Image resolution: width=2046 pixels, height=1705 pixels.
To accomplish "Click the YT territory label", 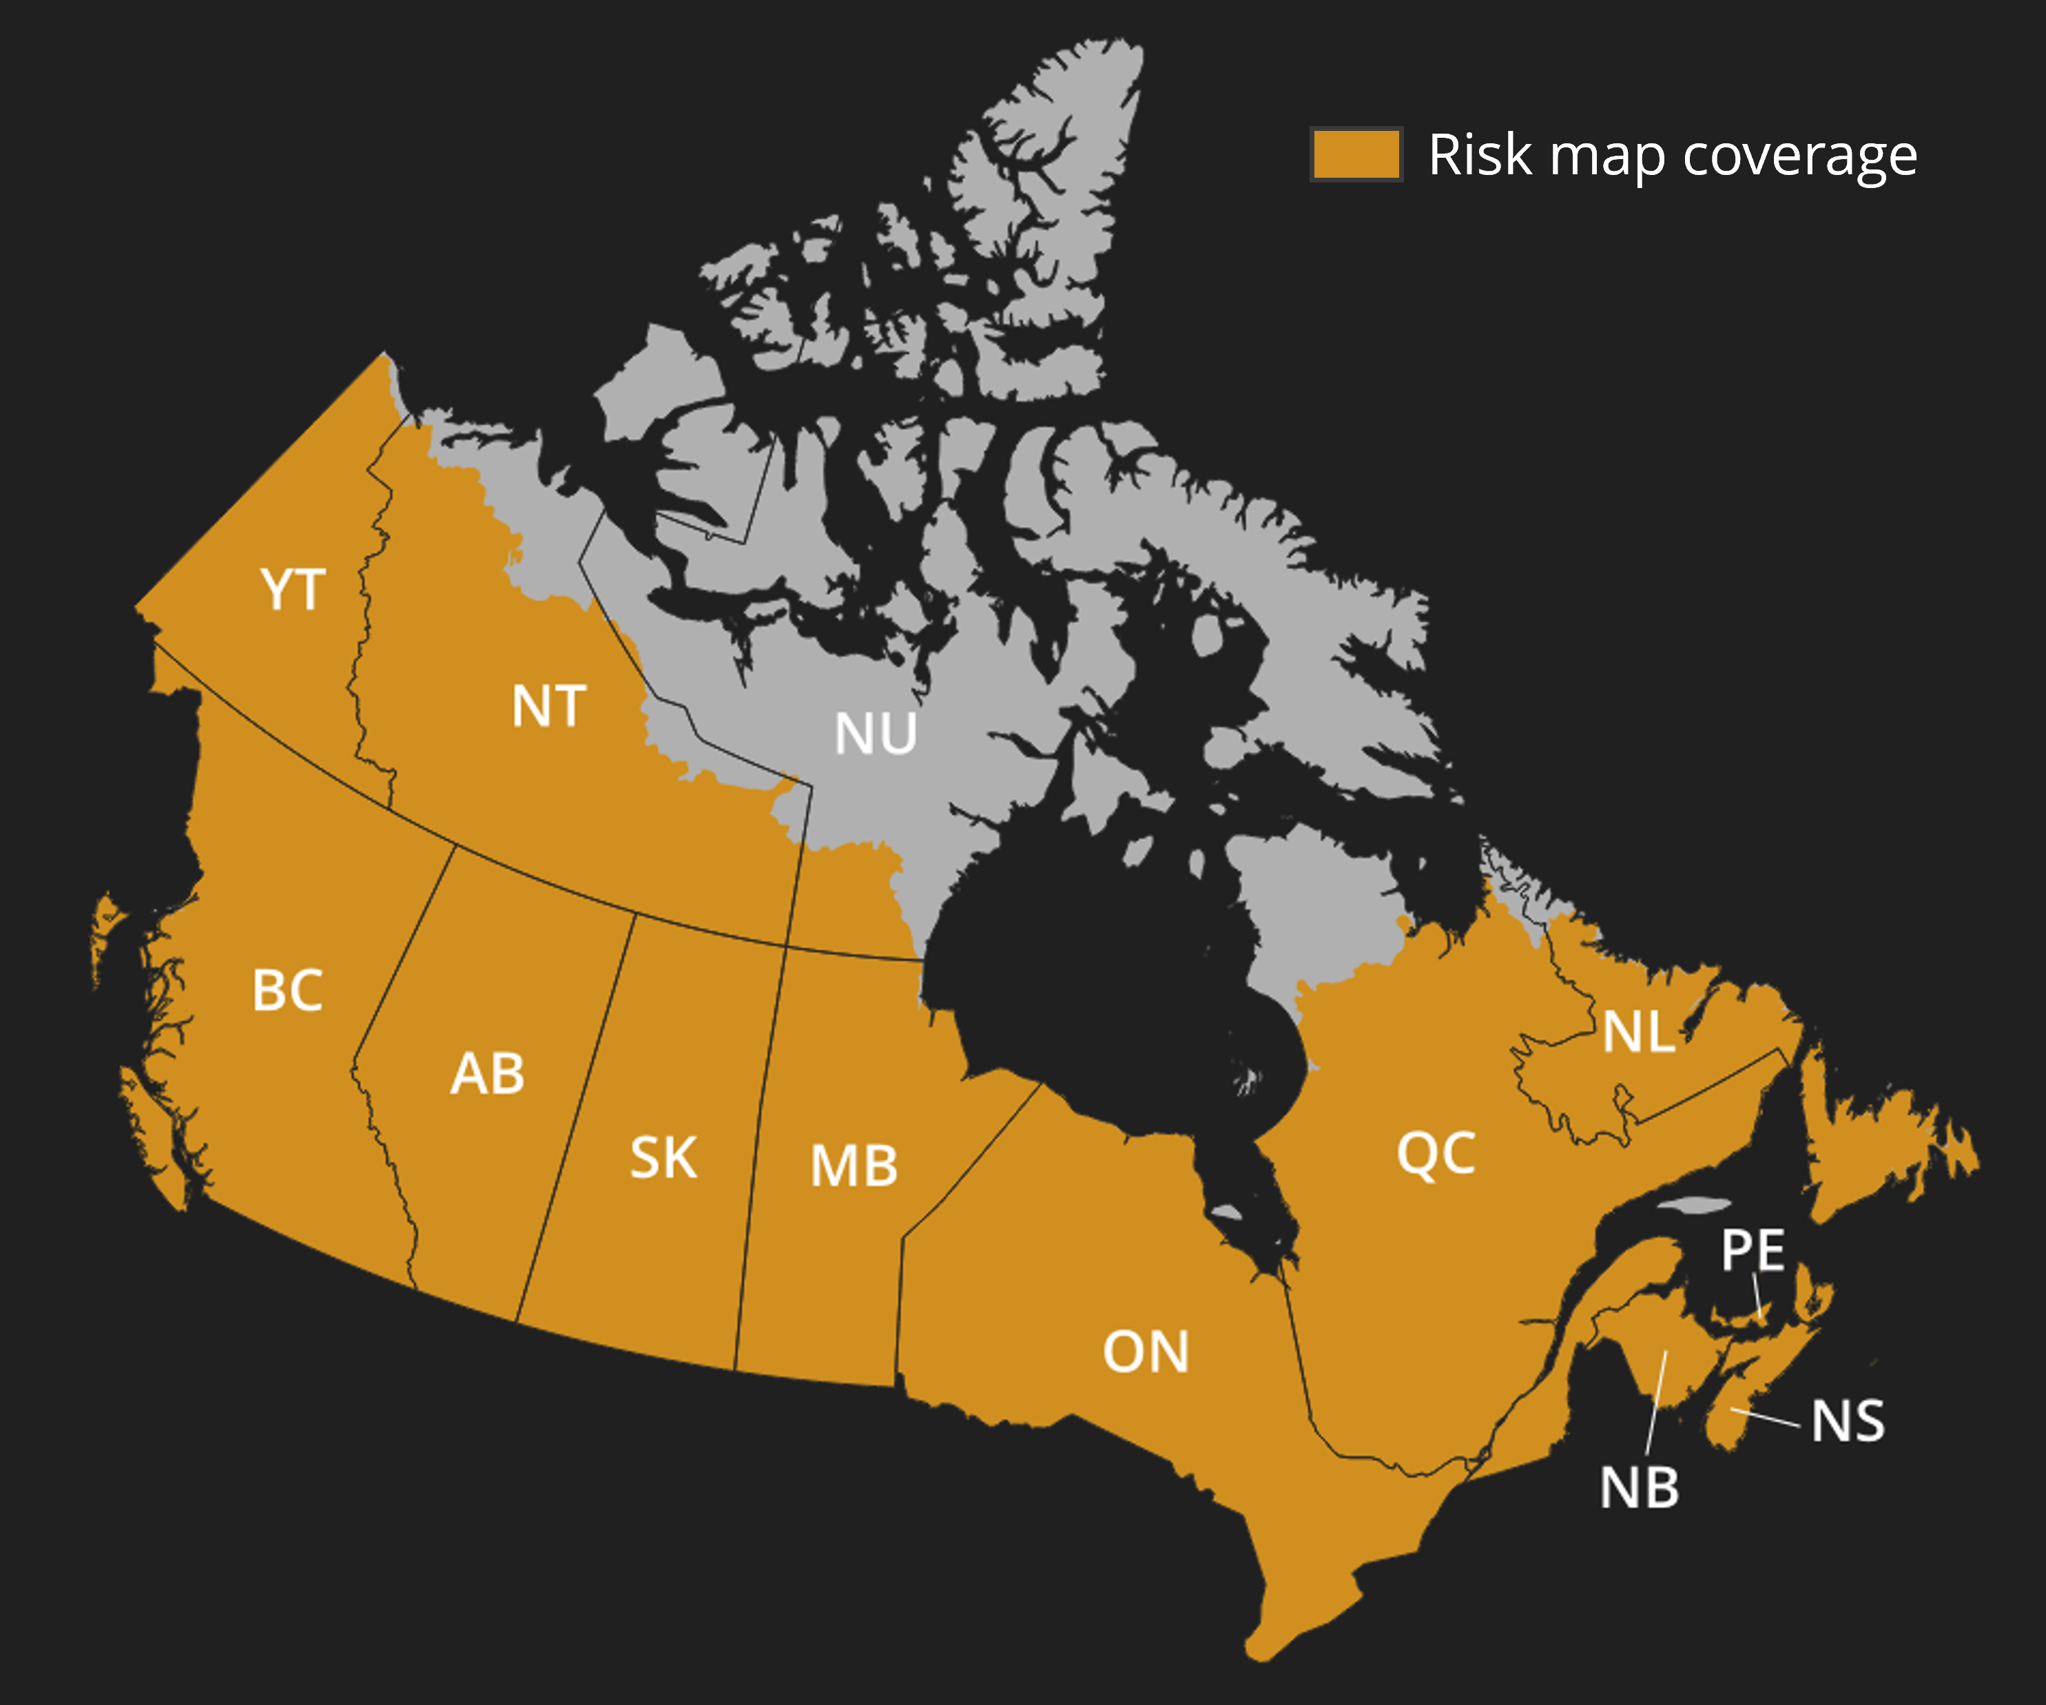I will (292, 590).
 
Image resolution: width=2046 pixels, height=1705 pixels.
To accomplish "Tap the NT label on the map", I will (548, 706).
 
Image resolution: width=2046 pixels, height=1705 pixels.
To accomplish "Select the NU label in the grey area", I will (875, 734).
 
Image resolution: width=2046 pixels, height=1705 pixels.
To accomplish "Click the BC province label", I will (287, 991).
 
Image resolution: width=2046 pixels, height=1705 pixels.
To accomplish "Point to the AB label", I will (487, 1074).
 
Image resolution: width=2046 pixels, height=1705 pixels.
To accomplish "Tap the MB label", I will (854, 1166).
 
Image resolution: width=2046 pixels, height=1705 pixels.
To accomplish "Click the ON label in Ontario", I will (1146, 1352).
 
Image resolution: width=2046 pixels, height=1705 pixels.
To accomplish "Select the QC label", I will (1436, 1154).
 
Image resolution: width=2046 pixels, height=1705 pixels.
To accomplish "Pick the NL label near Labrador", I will (1639, 1032).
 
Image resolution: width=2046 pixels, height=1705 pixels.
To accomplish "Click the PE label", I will (1753, 1250).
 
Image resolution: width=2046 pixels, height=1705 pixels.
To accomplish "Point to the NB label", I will (1640, 1488).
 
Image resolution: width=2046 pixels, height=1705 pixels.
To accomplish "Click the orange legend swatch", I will (1356, 154).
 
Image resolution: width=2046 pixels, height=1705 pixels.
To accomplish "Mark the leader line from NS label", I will (1766, 1418).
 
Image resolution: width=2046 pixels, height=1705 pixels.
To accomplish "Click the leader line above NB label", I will (1656, 1403).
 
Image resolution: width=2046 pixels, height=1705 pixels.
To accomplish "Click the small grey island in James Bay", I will (1226, 1213).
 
